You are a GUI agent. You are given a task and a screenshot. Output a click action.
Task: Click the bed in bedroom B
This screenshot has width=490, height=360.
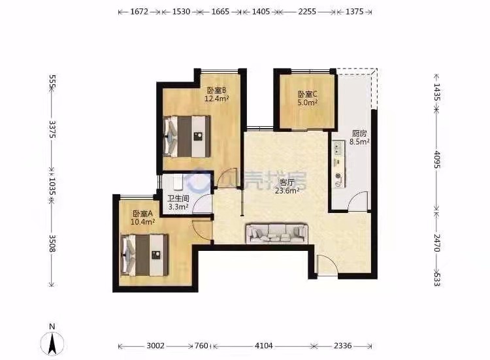187,137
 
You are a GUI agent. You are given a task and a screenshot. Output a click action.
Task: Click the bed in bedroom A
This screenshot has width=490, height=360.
144,255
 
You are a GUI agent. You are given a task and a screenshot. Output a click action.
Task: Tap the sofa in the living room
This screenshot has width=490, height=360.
277,233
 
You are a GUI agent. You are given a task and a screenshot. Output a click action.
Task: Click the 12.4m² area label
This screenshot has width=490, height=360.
216,99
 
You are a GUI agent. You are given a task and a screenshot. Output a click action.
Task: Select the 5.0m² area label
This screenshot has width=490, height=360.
308,102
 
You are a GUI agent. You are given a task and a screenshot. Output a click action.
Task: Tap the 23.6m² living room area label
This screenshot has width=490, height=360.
287,191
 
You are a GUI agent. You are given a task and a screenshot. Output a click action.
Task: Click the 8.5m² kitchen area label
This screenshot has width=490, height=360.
360,142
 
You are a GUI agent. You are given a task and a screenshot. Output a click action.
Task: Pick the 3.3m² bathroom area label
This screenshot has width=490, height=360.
178,206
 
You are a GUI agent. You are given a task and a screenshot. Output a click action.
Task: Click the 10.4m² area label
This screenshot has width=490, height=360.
143,222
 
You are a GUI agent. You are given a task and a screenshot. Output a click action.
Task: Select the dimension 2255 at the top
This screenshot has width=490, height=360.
307,12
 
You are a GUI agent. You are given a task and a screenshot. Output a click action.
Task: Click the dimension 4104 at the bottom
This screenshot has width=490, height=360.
264,346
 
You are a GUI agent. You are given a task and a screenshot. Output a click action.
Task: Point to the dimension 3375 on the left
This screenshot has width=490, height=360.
52,129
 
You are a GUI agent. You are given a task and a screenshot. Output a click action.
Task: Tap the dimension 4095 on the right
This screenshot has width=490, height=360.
437,159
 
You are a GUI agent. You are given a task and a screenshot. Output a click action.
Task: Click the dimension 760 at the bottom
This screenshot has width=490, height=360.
202,346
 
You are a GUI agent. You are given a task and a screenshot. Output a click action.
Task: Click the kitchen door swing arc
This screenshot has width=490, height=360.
357,201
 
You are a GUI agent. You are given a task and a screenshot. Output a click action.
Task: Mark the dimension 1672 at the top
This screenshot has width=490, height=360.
139,12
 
